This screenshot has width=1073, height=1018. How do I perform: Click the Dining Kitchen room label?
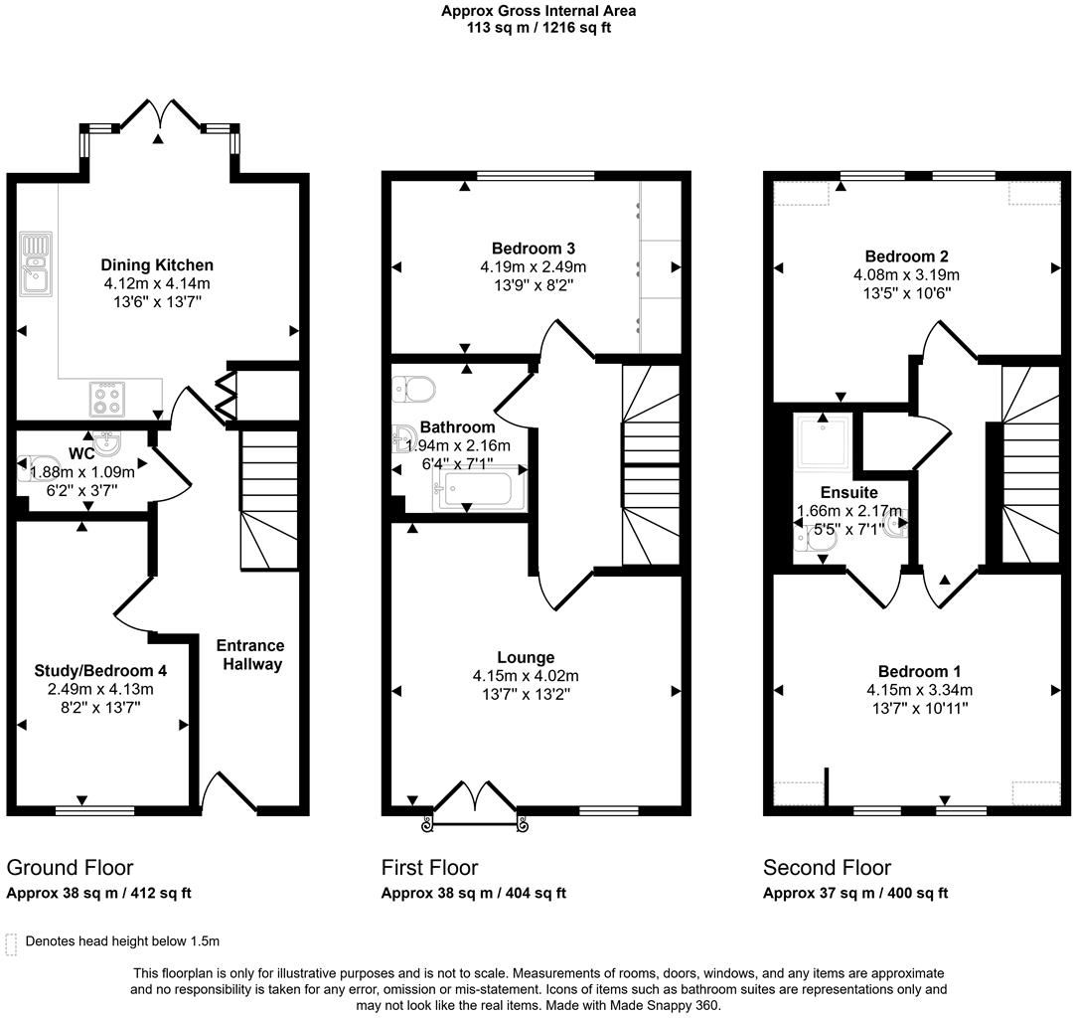[157, 264]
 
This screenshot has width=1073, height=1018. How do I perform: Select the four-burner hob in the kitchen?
[106, 399]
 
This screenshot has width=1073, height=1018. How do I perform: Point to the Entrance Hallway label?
[251, 654]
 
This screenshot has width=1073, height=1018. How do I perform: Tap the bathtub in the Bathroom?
[478, 490]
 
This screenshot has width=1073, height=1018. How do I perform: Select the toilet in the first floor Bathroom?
[409, 388]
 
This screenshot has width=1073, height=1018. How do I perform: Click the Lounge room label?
[526, 657]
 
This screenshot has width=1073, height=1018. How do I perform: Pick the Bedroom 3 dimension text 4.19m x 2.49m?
[533, 266]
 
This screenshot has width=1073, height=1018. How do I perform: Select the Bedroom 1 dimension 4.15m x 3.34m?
[919, 690]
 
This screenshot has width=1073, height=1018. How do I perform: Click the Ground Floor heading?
[70, 868]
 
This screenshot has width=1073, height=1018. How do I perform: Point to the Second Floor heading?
[827, 868]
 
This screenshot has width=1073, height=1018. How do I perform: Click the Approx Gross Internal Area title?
[538, 11]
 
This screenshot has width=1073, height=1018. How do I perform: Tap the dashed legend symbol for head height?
[12, 942]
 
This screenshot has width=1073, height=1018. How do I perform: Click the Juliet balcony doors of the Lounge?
[472, 803]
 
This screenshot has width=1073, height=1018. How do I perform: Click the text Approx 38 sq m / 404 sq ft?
[474, 893]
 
